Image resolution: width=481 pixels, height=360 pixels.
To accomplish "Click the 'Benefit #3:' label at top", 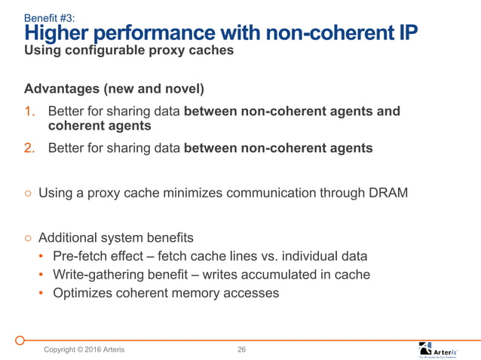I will click(49, 17).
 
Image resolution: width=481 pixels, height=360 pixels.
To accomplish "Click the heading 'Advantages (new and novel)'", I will click(114, 90).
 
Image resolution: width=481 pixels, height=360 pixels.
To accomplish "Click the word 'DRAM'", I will click(388, 193).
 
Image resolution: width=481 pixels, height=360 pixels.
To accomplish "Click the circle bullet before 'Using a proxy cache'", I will click(27, 194).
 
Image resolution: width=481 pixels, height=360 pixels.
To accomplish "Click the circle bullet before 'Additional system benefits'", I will click(27, 237).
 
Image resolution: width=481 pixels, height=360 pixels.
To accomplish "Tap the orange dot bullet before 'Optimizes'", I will click(42, 293).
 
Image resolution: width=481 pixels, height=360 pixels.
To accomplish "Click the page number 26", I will click(242, 349).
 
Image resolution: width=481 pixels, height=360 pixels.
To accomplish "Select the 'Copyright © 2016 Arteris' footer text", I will click(84, 349).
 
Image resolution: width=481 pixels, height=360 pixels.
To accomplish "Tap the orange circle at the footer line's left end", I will click(23, 340).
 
